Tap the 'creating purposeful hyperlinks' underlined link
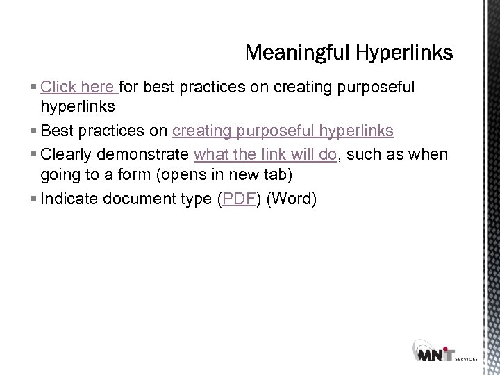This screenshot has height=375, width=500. (x=283, y=131)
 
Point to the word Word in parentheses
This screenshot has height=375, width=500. (x=292, y=199)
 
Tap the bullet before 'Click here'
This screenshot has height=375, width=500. (x=35, y=88)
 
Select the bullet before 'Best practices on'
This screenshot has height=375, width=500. (x=35, y=132)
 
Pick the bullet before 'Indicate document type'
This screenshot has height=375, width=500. (x=35, y=200)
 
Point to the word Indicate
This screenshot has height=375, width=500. (x=69, y=199)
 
